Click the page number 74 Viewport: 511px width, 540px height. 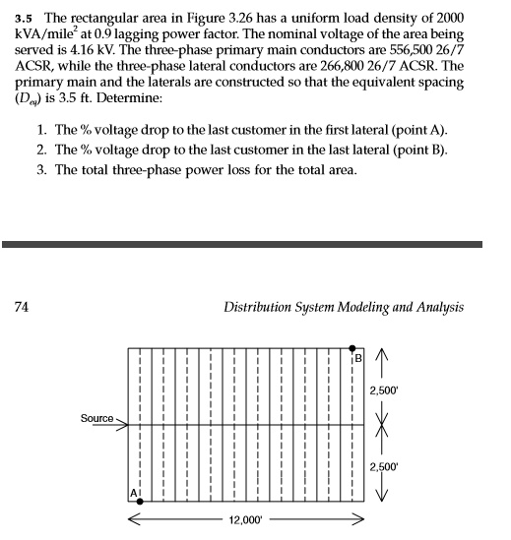[x=20, y=307]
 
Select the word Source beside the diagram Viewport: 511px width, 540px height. [x=96, y=419]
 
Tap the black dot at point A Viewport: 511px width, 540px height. [x=140, y=501]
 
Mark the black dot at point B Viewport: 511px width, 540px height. [x=354, y=348]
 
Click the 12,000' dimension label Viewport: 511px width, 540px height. [x=245, y=518]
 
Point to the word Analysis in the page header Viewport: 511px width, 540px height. [x=436, y=307]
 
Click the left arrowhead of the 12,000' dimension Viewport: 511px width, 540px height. [x=132, y=517]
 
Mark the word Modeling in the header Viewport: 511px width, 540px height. [x=356, y=307]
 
